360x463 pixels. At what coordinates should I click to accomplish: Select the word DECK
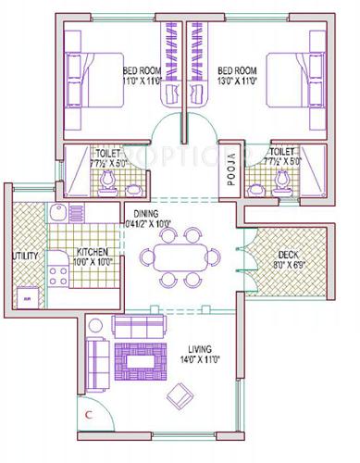pos(283,257)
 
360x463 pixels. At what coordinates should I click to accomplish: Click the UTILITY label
pos(24,256)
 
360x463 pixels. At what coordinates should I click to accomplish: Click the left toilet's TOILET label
pos(108,154)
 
